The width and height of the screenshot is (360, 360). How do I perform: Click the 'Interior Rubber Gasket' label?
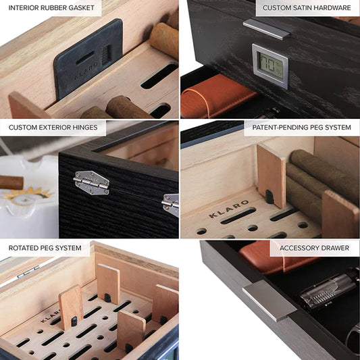coord(51,8)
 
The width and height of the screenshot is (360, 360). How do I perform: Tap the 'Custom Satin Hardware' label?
coord(307,8)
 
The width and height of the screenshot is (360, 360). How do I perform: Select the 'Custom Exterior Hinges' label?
coord(53,127)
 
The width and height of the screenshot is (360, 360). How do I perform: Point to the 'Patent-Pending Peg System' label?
coord(302,127)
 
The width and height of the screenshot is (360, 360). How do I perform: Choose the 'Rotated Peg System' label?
coord(45,248)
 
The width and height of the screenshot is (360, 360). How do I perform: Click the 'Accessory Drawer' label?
coord(315,248)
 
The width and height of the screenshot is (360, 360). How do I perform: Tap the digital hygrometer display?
coord(269,66)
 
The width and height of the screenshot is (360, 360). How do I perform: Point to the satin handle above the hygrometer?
coord(267,28)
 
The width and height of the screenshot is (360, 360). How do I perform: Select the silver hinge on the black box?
coord(91,182)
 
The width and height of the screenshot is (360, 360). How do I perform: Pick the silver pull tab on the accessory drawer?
coord(269,299)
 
